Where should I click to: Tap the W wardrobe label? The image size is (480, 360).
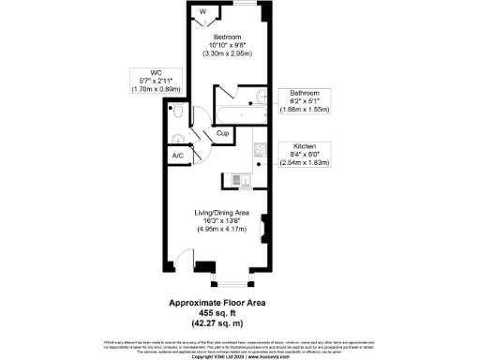pos(203,12)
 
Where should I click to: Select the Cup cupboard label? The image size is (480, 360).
pos(222,133)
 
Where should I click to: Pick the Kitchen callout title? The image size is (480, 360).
pos(306,147)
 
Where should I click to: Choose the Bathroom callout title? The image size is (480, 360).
pos(305,94)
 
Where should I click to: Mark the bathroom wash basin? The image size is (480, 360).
pos(263,97)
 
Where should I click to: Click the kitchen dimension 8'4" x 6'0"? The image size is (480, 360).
pos(306,156)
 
